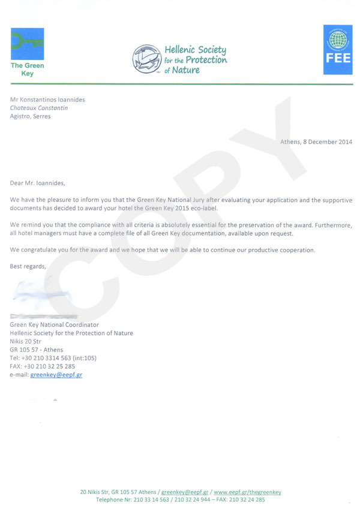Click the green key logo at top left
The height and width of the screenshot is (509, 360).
click(x=27, y=44)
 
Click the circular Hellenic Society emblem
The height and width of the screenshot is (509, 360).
click(x=147, y=58)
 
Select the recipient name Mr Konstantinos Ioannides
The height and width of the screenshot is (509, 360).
click(x=47, y=100)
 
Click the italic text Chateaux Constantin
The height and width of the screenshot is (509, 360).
click(x=39, y=108)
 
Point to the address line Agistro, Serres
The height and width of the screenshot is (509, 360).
click(x=31, y=116)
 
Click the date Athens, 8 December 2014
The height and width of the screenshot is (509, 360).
click(x=316, y=142)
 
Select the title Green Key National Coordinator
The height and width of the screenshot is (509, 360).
click(x=55, y=324)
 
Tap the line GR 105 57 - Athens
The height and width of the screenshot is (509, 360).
click(x=37, y=350)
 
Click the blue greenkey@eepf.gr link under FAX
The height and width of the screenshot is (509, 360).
click(x=56, y=375)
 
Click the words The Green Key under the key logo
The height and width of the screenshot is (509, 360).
click(x=27, y=70)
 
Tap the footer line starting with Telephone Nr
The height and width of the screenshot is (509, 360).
click(x=180, y=499)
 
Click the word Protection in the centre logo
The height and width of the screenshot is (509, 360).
click(x=206, y=59)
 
